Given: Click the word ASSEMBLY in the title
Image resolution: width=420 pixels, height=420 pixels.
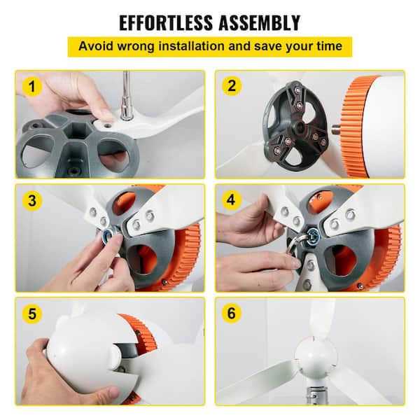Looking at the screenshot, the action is [260, 22].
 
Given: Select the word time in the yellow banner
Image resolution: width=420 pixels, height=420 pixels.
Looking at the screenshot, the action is [330, 45].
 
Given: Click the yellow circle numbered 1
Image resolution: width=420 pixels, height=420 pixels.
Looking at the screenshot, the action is [32, 86].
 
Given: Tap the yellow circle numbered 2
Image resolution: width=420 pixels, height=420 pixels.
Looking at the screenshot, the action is [232, 85].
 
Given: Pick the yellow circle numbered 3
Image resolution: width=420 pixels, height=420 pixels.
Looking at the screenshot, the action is [32, 200].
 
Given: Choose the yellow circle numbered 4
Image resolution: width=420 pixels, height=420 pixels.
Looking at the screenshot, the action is [232, 199].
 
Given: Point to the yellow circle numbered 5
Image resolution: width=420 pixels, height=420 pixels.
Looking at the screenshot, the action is [32, 314].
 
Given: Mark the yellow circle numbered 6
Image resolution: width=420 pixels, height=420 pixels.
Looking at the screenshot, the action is [232, 313].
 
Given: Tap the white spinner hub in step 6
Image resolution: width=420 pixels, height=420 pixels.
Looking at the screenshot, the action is [316, 357].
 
